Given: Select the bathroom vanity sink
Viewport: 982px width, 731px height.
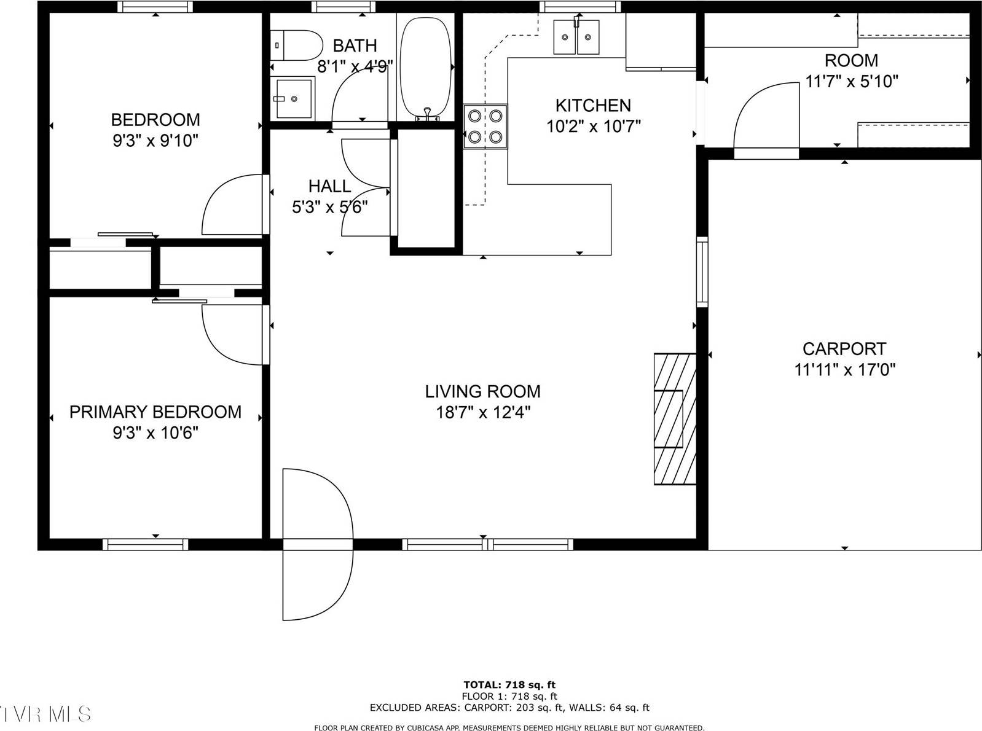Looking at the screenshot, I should [293, 98].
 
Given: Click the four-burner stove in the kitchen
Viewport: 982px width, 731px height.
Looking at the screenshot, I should [485, 127].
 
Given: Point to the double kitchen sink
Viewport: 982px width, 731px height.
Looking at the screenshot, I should [576, 37].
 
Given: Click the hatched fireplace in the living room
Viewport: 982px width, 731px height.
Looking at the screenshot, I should [675, 419].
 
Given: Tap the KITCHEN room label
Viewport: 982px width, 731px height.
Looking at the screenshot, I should [592, 105].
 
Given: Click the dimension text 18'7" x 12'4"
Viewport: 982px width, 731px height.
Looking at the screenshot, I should [483, 412].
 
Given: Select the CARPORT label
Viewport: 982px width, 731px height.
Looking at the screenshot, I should [844, 349].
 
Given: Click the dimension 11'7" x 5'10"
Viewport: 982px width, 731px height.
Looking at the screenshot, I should [851, 81].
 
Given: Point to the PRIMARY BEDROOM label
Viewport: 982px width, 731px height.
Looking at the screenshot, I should [155, 412].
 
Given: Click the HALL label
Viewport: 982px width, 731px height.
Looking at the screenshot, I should [329, 186].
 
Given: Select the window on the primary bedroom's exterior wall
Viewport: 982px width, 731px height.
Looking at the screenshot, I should [145, 544].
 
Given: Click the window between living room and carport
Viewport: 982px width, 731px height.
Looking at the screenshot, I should [702, 272].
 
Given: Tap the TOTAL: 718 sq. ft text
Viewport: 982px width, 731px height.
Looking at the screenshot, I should [509, 684].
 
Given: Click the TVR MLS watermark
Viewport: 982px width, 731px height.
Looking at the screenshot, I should [46, 714].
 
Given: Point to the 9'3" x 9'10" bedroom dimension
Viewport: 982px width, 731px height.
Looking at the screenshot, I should [155, 141].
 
